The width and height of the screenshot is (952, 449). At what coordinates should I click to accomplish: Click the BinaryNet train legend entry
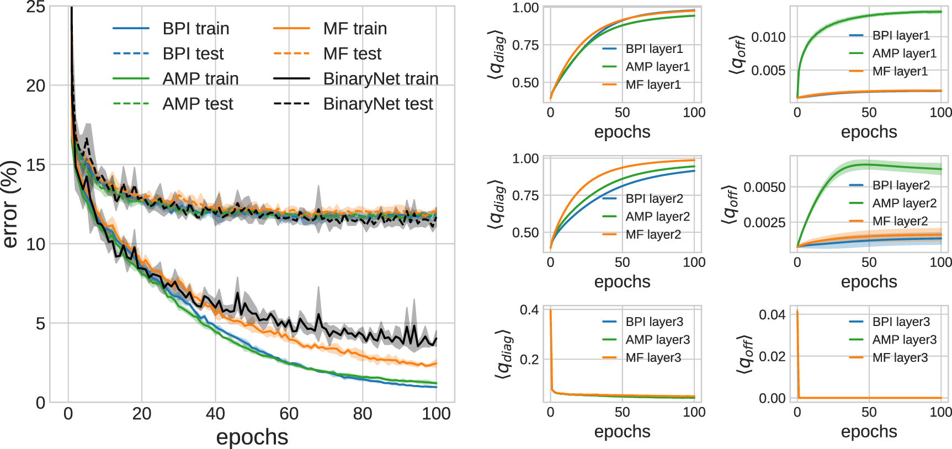[x=380, y=78]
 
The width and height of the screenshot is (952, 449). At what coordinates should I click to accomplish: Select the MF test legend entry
[x=352, y=54]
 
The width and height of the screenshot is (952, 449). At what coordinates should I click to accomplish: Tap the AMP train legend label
[x=200, y=78]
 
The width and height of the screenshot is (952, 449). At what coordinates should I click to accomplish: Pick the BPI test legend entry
[x=193, y=54]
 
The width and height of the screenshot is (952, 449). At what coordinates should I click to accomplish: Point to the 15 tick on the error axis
[x=35, y=165]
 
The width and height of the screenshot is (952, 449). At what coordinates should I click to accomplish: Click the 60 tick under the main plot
[x=289, y=414]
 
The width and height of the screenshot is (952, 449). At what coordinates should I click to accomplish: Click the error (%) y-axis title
[x=11, y=204]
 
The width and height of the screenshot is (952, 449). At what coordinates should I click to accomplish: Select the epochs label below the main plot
[x=252, y=437]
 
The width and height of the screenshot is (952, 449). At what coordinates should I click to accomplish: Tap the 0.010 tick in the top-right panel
[x=768, y=37]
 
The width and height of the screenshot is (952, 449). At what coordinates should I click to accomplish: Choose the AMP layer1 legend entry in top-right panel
[x=904, y=54]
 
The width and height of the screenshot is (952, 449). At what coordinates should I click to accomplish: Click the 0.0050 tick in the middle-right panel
[x=764, y=187]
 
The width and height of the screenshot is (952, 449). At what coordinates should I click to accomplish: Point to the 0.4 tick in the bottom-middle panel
[x=529, y=309]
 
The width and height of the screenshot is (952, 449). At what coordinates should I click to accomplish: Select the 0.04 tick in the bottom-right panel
[x=772, y=314]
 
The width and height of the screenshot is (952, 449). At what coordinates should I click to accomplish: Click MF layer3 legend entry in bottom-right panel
[x=900, y=357]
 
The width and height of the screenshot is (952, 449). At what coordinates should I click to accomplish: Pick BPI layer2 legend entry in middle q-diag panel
[x=654, y=199]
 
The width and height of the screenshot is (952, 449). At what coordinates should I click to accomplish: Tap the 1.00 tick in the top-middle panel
[x=525, y=8]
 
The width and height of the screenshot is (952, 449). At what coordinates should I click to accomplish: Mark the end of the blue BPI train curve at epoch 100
[x=437, y=387]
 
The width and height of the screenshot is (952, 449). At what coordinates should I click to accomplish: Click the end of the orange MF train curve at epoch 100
[x=437, y=364]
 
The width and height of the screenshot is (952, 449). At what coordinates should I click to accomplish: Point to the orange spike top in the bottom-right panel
[x=797, y=312]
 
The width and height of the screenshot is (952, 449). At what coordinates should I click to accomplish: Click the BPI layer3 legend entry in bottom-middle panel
[x=654, y=322]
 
